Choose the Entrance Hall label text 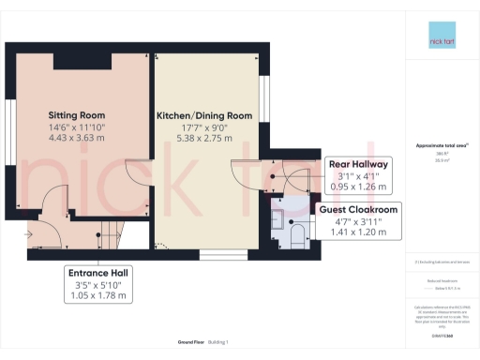pos(97,273)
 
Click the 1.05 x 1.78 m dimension pos(97,297)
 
